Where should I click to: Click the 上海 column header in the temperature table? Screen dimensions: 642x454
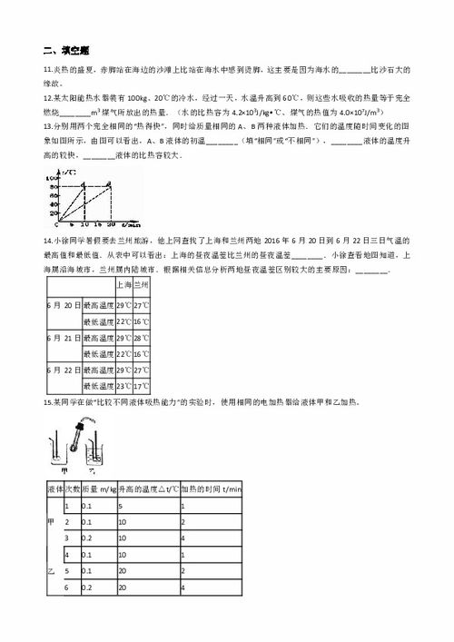tap(124, 285)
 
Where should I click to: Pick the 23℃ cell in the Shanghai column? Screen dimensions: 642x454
tap(124, 386)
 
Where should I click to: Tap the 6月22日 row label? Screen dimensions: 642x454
tap(62, 370)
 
